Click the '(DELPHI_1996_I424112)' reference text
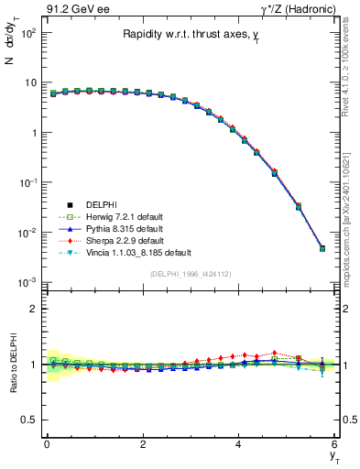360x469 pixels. pos(191,273)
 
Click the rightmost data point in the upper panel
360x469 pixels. pos(322,248)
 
